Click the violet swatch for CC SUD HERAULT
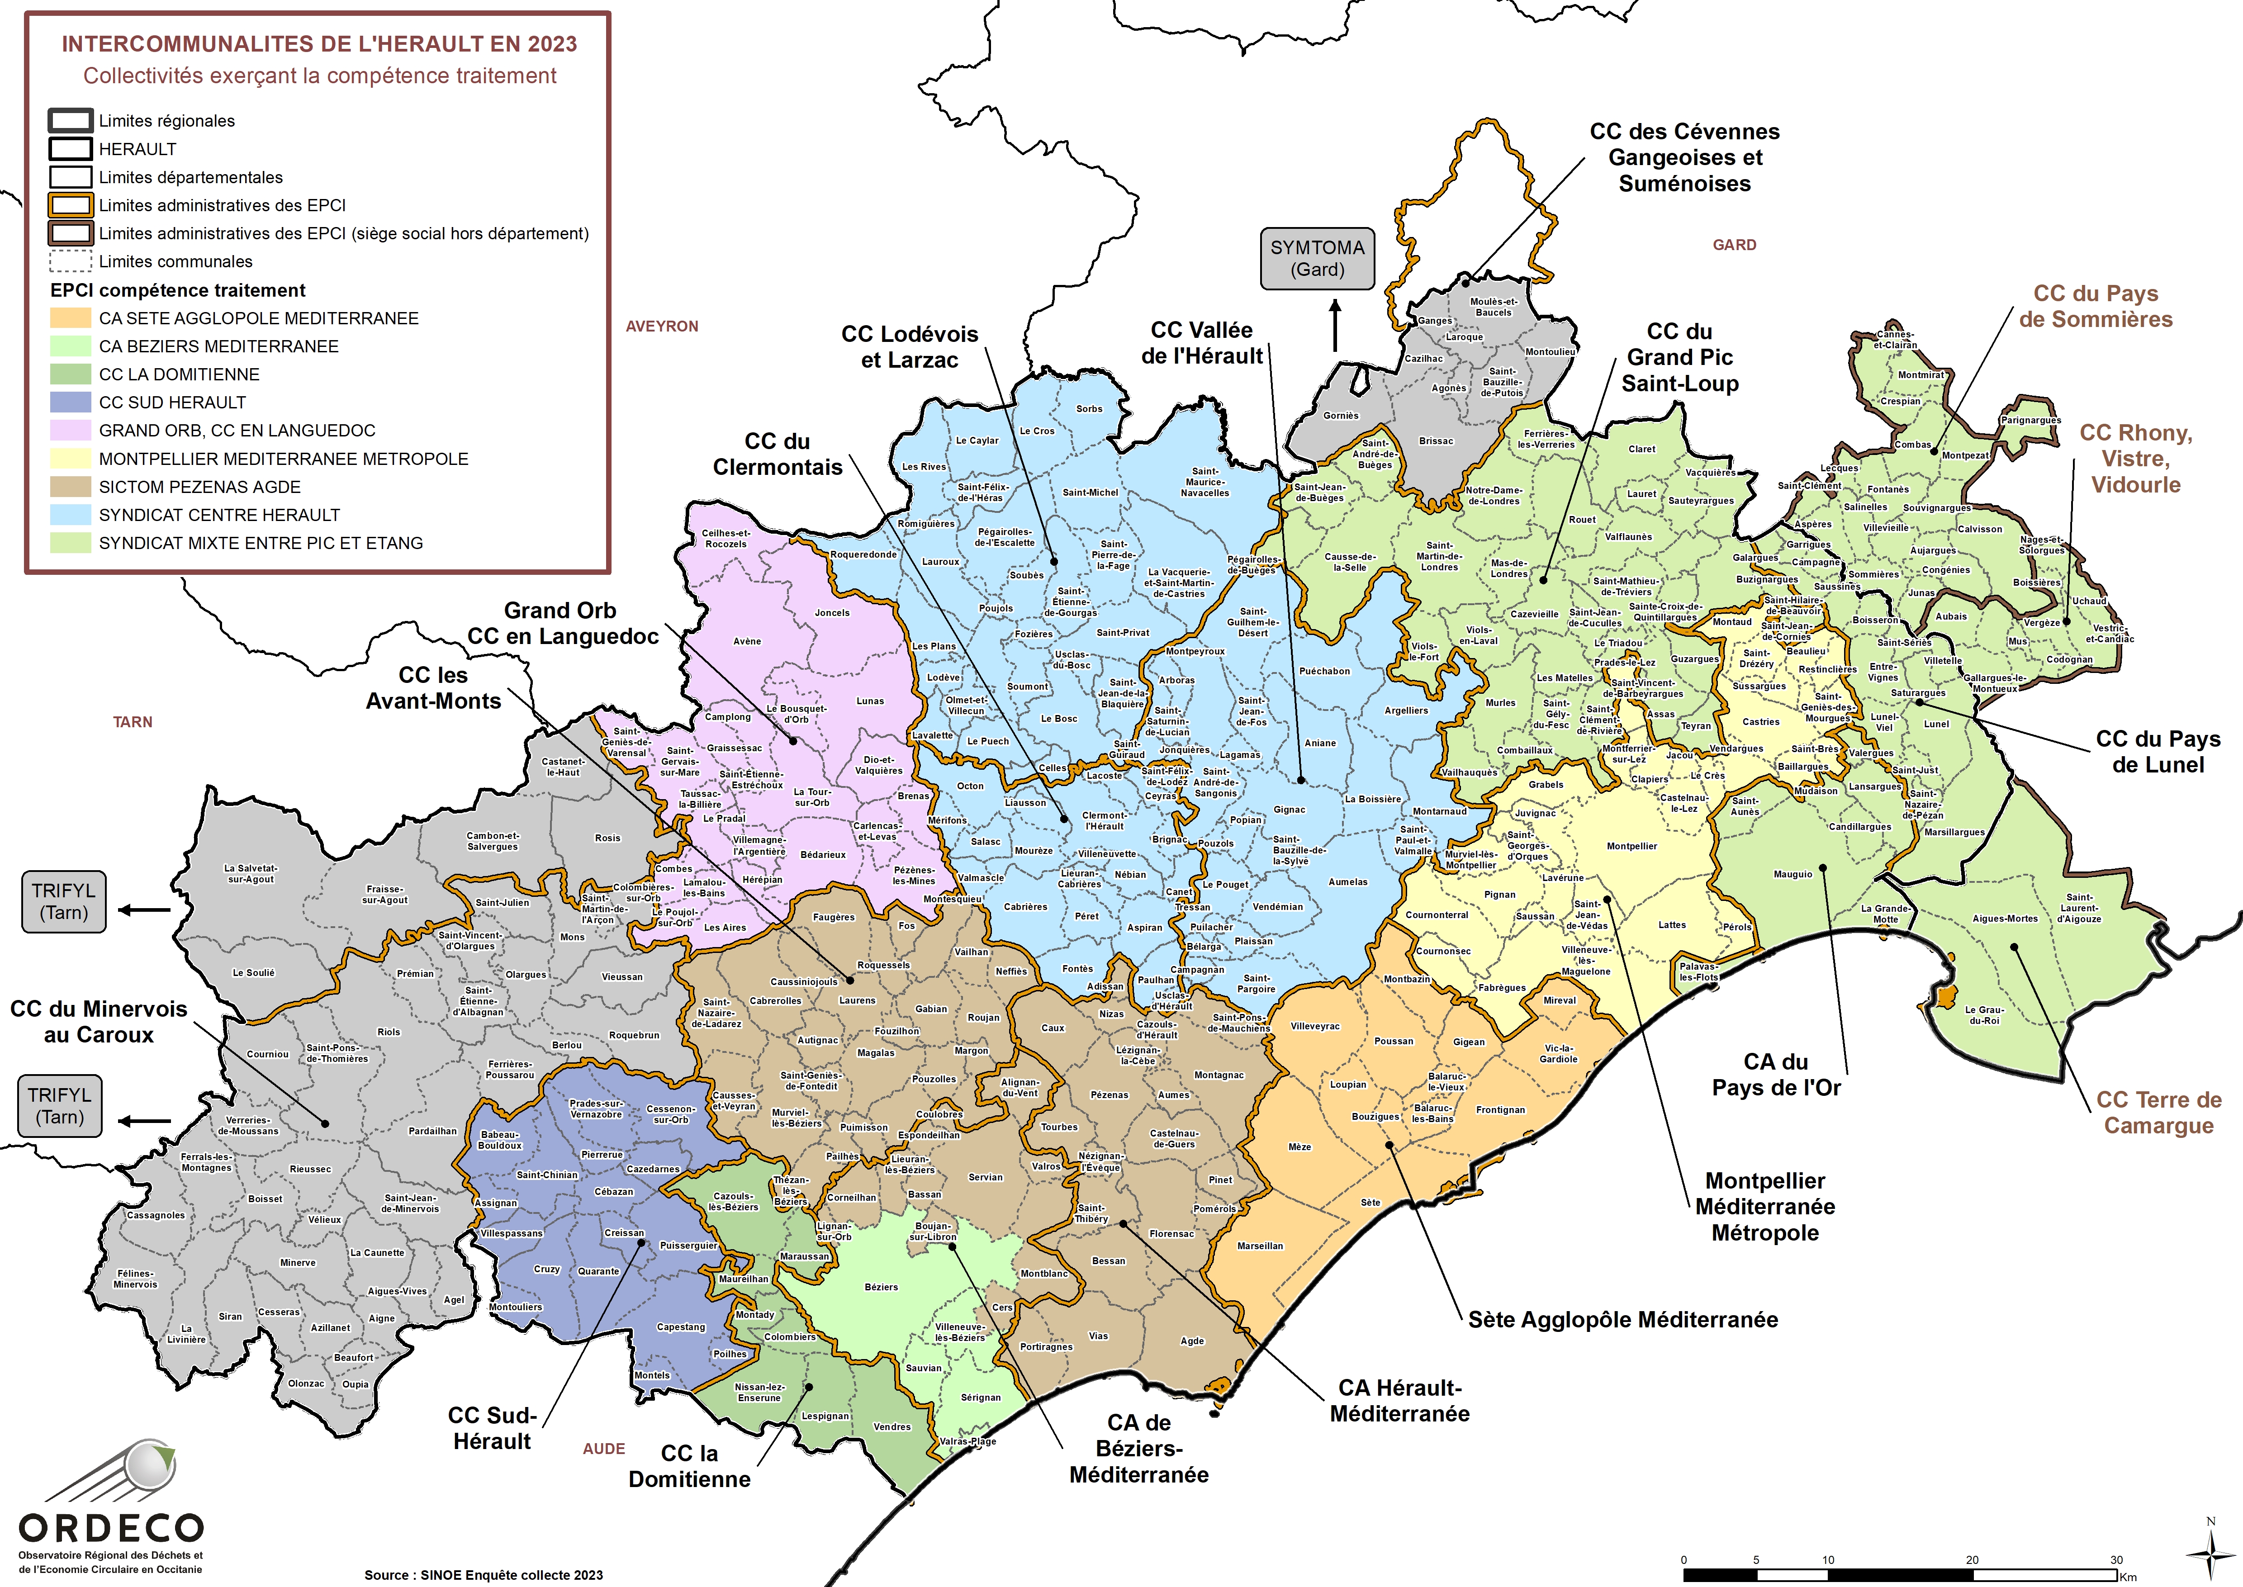pos(71,403)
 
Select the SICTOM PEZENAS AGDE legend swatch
pos(71,487)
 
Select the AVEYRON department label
pos(662,327)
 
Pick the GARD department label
pos(1734,245)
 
